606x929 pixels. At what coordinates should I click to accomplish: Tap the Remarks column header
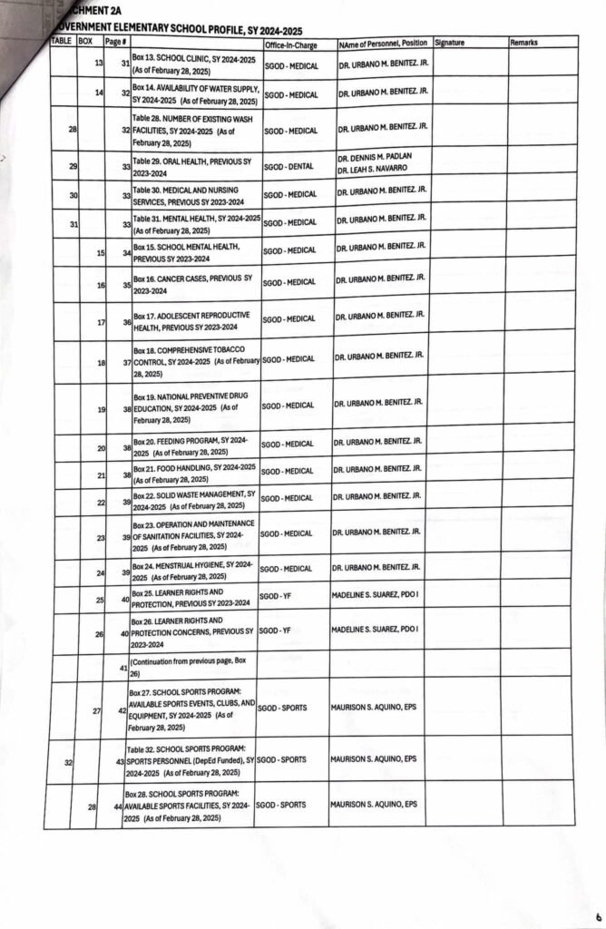(523, 43)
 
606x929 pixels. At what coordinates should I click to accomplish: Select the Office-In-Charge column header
(290, 44)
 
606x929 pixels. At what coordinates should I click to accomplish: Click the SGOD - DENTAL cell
(288, 165)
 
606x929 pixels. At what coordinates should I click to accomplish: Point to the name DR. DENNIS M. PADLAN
(369, 158)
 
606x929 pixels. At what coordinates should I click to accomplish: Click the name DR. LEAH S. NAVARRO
(370, 171)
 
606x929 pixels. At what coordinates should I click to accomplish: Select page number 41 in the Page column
(122, 670)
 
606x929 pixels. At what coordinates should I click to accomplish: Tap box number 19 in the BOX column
(101, 410)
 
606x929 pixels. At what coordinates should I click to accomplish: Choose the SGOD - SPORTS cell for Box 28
(281, 805)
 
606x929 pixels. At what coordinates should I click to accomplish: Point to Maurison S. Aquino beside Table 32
(373, 757)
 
